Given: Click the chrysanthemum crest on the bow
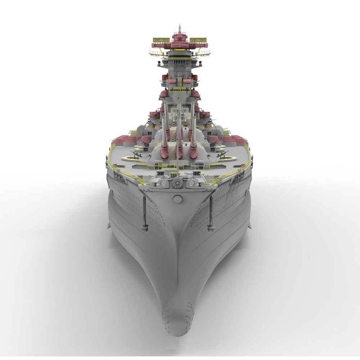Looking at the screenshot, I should (177, 183).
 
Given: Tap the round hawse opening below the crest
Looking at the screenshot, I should (177, 199).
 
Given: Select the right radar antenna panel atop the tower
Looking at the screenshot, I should (197, 40).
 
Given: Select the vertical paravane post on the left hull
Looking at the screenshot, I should (144, 212).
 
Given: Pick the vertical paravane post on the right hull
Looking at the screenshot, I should (211, 212).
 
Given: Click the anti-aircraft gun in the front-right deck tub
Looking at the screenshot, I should (221, 154).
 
